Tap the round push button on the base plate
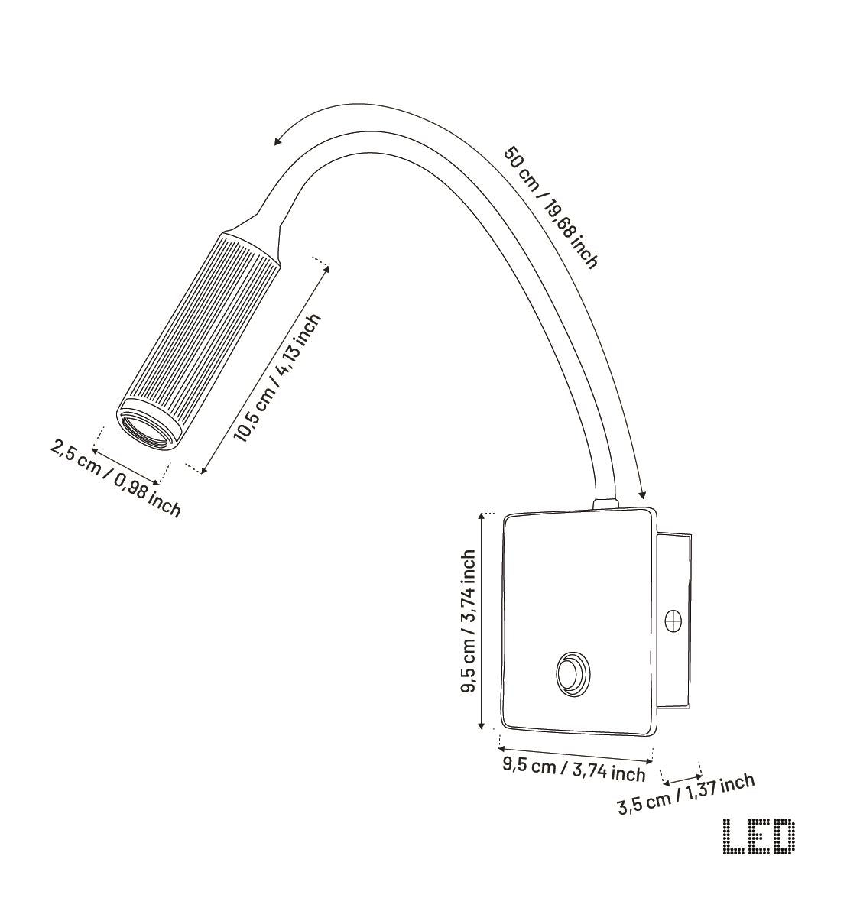(x=571, y=674)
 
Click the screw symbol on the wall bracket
(x=674, y=621)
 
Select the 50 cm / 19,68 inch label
(x=550, y=206)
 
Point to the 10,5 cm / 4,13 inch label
(x=277, y=378)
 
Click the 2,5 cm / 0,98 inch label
(x=115, y=478)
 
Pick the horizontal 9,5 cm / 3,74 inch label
(x=573, y=768)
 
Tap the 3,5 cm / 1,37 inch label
(x=685, y=795)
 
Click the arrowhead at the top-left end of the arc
(x=278, y=141)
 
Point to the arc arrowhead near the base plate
(x=643, y=493)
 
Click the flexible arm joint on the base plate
(x=606, y=502)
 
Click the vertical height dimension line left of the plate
(x=481, y=621)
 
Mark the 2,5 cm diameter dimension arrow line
(x=125, y=463)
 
